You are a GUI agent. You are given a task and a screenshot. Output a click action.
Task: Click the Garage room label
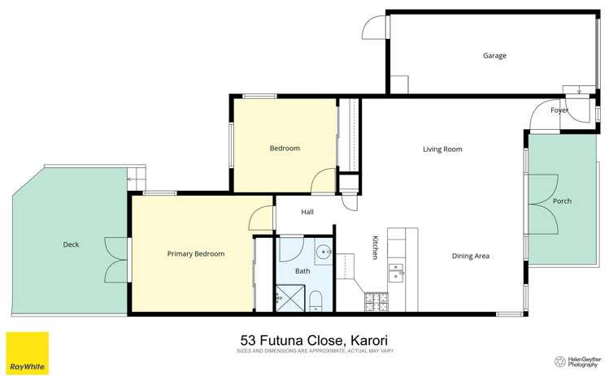494,56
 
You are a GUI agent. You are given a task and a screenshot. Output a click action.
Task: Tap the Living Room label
442,149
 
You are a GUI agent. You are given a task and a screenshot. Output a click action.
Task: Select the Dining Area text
470,256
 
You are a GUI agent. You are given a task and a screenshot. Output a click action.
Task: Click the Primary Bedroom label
195,254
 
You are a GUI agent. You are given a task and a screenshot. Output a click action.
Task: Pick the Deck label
70,244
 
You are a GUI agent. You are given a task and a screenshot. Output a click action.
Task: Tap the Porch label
562,201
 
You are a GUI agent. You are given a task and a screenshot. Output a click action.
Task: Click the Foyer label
559,110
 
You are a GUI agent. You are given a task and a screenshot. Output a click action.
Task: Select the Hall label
307,212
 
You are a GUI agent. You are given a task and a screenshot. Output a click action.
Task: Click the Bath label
302,271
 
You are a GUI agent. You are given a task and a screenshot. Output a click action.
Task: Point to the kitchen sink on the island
396,270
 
